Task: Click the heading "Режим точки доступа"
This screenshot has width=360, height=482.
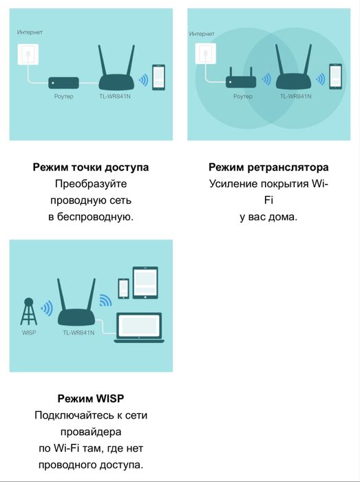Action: [x=91, y=167]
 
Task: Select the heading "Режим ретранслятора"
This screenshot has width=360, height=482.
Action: [x=268, y=167]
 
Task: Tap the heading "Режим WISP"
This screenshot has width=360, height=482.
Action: [x=91, y=399]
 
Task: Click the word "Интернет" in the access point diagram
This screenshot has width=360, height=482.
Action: [x=30, y=32]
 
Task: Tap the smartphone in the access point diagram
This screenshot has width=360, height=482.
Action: [x=159, y=76]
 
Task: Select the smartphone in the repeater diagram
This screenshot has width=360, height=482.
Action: [x=335, y=76]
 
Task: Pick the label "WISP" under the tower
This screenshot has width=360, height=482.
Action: [x=29, y=333]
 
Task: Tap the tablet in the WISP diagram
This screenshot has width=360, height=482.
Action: [x=145, y=282]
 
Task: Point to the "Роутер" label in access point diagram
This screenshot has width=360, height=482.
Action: [x=63, y=97]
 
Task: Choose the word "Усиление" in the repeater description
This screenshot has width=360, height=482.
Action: [x=231, y=184]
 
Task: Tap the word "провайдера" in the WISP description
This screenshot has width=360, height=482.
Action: [x=91, y=432]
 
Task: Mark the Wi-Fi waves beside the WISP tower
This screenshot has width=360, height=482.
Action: [x=47, y=308]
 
